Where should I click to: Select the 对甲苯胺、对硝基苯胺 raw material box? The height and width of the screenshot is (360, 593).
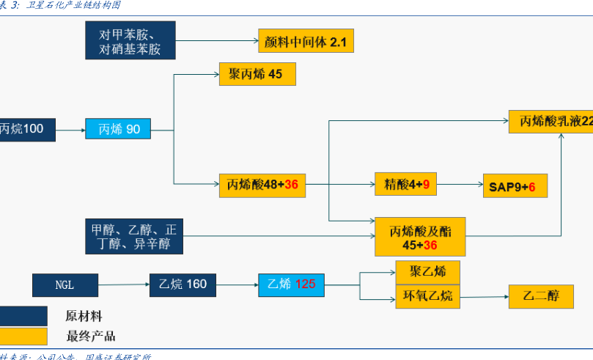pyautogui.click(x=130, y=41)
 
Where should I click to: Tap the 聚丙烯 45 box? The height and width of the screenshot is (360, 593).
pyautogui.click(x=257, y=74)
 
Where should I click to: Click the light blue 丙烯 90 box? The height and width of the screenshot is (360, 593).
pyautogui.click(x=118, y=129)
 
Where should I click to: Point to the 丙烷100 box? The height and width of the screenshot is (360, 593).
pyautogui.click(x=22, y=129)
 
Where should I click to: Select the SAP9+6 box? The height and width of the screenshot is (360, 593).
pyautogui.click(x=514, y=186)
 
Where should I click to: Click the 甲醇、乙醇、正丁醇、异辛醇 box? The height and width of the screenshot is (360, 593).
pyautogui.click(x=131, y=236)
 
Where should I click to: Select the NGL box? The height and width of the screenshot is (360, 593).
pyautogui.click(x=65, y=284)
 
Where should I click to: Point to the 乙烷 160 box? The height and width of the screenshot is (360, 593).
pyautogui.click(x=183, y=284)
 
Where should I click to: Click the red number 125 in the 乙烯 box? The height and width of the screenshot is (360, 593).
pyautogui.click(x=305, y=284)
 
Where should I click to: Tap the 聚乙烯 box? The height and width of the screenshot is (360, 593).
pyautogui.click(x=427, y=272)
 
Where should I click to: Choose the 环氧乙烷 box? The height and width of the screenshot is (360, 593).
pyautogui.click(x=427, y=296)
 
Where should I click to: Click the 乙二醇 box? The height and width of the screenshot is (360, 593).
pyautogui.click(x=541, y=296)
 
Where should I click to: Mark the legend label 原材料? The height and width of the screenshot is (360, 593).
pyautogui.click(x=84, y=317)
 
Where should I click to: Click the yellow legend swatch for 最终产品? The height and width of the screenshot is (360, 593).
pyautogui.click(x=22, y=336)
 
